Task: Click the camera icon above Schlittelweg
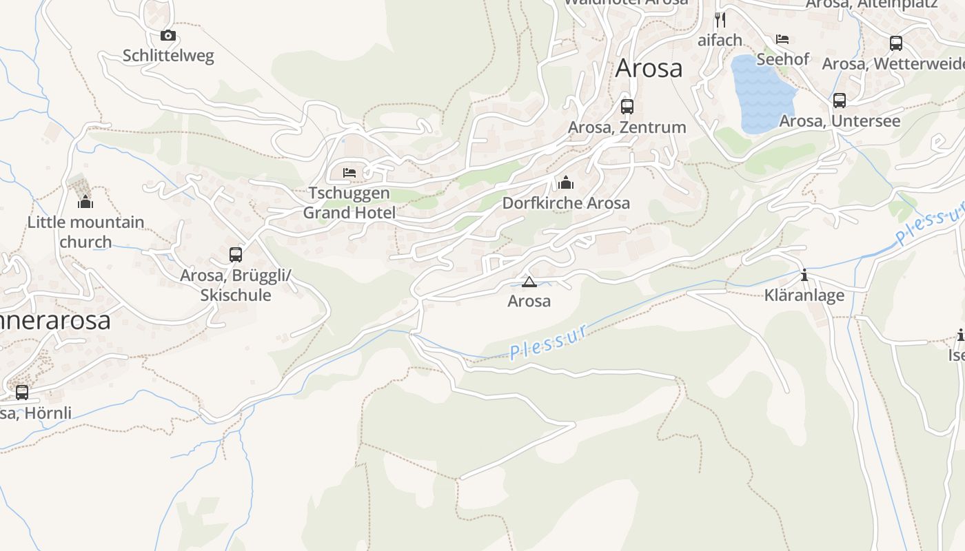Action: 167,35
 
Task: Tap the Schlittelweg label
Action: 168,56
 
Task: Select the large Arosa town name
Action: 649,68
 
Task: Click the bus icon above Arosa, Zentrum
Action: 627,107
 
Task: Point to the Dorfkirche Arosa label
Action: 566,203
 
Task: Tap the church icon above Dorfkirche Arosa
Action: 566,183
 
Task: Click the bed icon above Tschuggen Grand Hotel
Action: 349,172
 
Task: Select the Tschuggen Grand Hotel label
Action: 349,203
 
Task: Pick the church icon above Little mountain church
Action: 85,202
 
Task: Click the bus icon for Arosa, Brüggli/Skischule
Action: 236,255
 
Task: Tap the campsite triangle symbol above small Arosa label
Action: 529,282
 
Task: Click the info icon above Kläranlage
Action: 804,275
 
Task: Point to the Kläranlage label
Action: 804,295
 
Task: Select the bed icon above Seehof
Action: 782,39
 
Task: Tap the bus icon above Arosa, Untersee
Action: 839,101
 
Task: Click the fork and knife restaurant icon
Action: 720,19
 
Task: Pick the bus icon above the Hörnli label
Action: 22,393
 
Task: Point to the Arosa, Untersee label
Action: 839,121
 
